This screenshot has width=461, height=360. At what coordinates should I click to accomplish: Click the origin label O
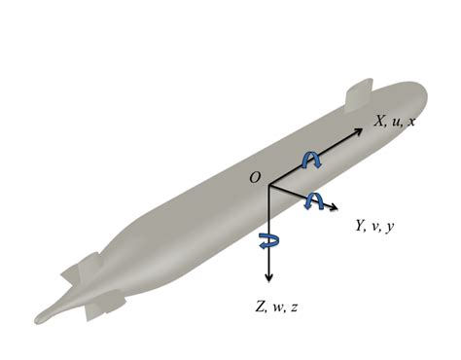[x=255, y=177]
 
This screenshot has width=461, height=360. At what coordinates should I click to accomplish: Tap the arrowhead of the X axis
[x=359, y=131]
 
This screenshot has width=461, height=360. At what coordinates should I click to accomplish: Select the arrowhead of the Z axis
[x=268, y=278]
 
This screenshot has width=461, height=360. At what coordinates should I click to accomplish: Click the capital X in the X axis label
[x=380, y=121]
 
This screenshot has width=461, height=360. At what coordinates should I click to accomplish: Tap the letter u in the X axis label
[x=396, y=123]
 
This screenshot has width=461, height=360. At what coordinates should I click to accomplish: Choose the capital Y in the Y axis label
[x=361, y=225]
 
